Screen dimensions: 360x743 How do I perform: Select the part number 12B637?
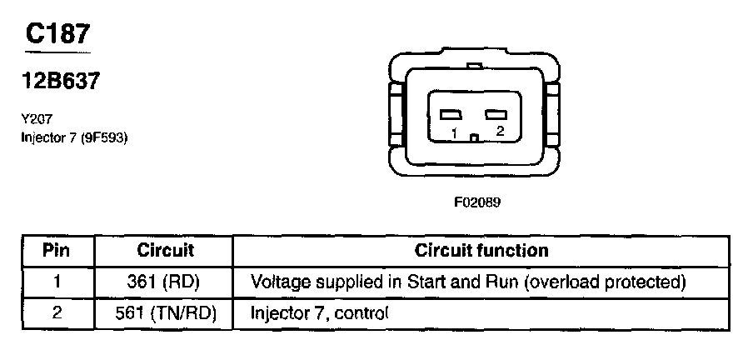61,82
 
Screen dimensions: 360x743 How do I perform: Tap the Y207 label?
36,119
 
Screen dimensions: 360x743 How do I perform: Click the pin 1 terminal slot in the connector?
451,114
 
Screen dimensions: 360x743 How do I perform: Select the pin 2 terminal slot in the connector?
496,114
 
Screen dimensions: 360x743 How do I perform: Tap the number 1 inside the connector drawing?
454,133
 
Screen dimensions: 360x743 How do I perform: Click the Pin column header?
57,250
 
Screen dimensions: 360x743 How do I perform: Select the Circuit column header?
165,250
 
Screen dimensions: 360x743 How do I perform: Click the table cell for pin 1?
57,282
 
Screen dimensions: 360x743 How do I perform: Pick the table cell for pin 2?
57,313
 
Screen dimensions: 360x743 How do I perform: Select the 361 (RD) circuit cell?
165,282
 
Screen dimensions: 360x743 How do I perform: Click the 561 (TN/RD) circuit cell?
165,313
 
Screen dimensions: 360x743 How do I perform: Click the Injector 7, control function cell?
320,313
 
